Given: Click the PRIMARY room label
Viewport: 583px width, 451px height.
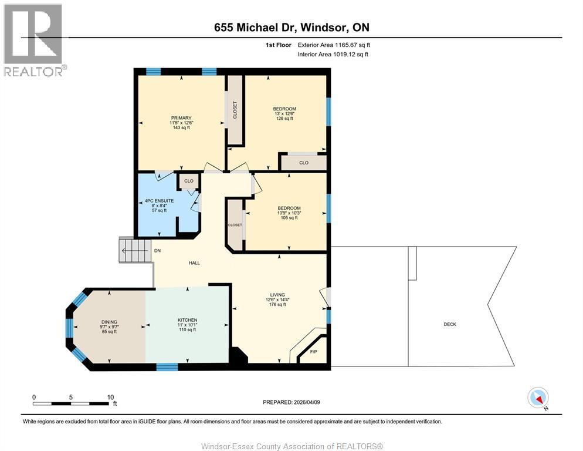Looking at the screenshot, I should click(x=181, y=118).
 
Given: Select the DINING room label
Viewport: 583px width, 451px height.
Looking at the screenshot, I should click(x=109, y=322).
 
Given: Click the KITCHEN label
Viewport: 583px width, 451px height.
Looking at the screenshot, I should click(x=187, y=320).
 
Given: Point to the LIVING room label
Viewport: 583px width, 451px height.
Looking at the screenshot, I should click(x=277, y=295).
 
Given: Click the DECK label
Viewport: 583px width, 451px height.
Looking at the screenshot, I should click(x=450, y=324).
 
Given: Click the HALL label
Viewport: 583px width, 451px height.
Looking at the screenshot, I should click(x=194, y=262).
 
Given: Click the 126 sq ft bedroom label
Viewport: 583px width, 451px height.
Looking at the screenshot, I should click(x=284, y=109).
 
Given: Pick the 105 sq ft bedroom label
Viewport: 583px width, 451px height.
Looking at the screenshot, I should click(x=289, y=208).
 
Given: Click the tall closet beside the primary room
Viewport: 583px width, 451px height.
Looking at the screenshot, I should click(x=236, y=110).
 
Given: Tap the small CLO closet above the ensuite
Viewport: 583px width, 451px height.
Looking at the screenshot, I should click(x=189, y=181).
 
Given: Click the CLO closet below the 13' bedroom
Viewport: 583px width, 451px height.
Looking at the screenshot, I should click(x=303, y=163).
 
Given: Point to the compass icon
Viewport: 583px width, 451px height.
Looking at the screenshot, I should click(x=537, y=398).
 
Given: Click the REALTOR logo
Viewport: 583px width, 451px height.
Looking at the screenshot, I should click(x=34, y=40).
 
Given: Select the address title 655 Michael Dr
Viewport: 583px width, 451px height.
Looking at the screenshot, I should click(x=291, y=28).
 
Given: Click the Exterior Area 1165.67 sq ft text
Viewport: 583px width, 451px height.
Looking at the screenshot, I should click(x=334, y=45).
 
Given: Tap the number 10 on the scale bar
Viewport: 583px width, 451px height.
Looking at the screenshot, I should click(x=110, y=397).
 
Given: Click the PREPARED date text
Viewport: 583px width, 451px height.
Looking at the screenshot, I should click(x=292, y=402).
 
